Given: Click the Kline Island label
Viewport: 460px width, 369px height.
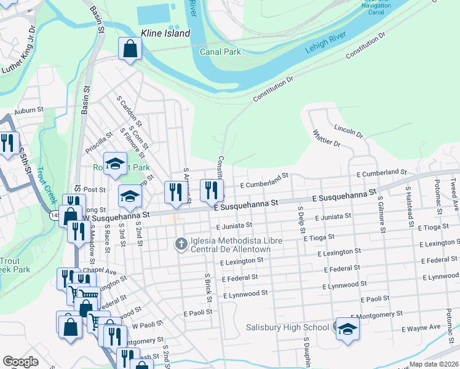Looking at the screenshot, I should pyautogui.click(x=165, y=33).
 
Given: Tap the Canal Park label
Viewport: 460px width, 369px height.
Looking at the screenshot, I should pyautogui.click(x=220, y=52).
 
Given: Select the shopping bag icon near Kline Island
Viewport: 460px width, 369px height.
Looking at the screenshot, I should pyautogui.click(x=130, y=49).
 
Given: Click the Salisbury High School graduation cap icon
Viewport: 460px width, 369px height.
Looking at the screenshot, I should pyautogui.click(x=347, y=329).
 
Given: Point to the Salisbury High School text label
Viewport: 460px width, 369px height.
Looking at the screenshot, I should pyautogui.click(x=288, y=327).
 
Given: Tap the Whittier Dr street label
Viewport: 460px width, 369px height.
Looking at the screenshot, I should pyautogui.click(x=327, y=138).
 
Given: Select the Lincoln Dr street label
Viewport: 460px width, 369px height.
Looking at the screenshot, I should pyautogui.click(x=349, y=130).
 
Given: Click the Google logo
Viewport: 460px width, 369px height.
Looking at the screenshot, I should pyautogui.click(x=20, y=362).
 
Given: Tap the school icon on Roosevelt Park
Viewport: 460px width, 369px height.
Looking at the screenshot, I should pyautogui.click(x=115, y=164).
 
